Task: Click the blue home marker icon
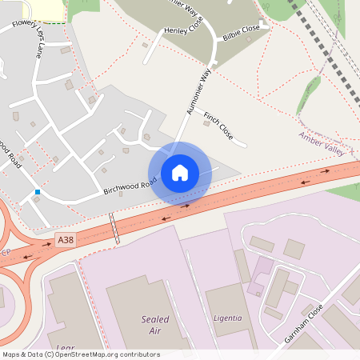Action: click(180, 173)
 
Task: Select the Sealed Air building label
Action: click(155, 324)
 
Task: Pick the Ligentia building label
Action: click(227, 318)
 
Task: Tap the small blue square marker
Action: click(38, 192)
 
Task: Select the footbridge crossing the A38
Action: click(116, 229)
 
